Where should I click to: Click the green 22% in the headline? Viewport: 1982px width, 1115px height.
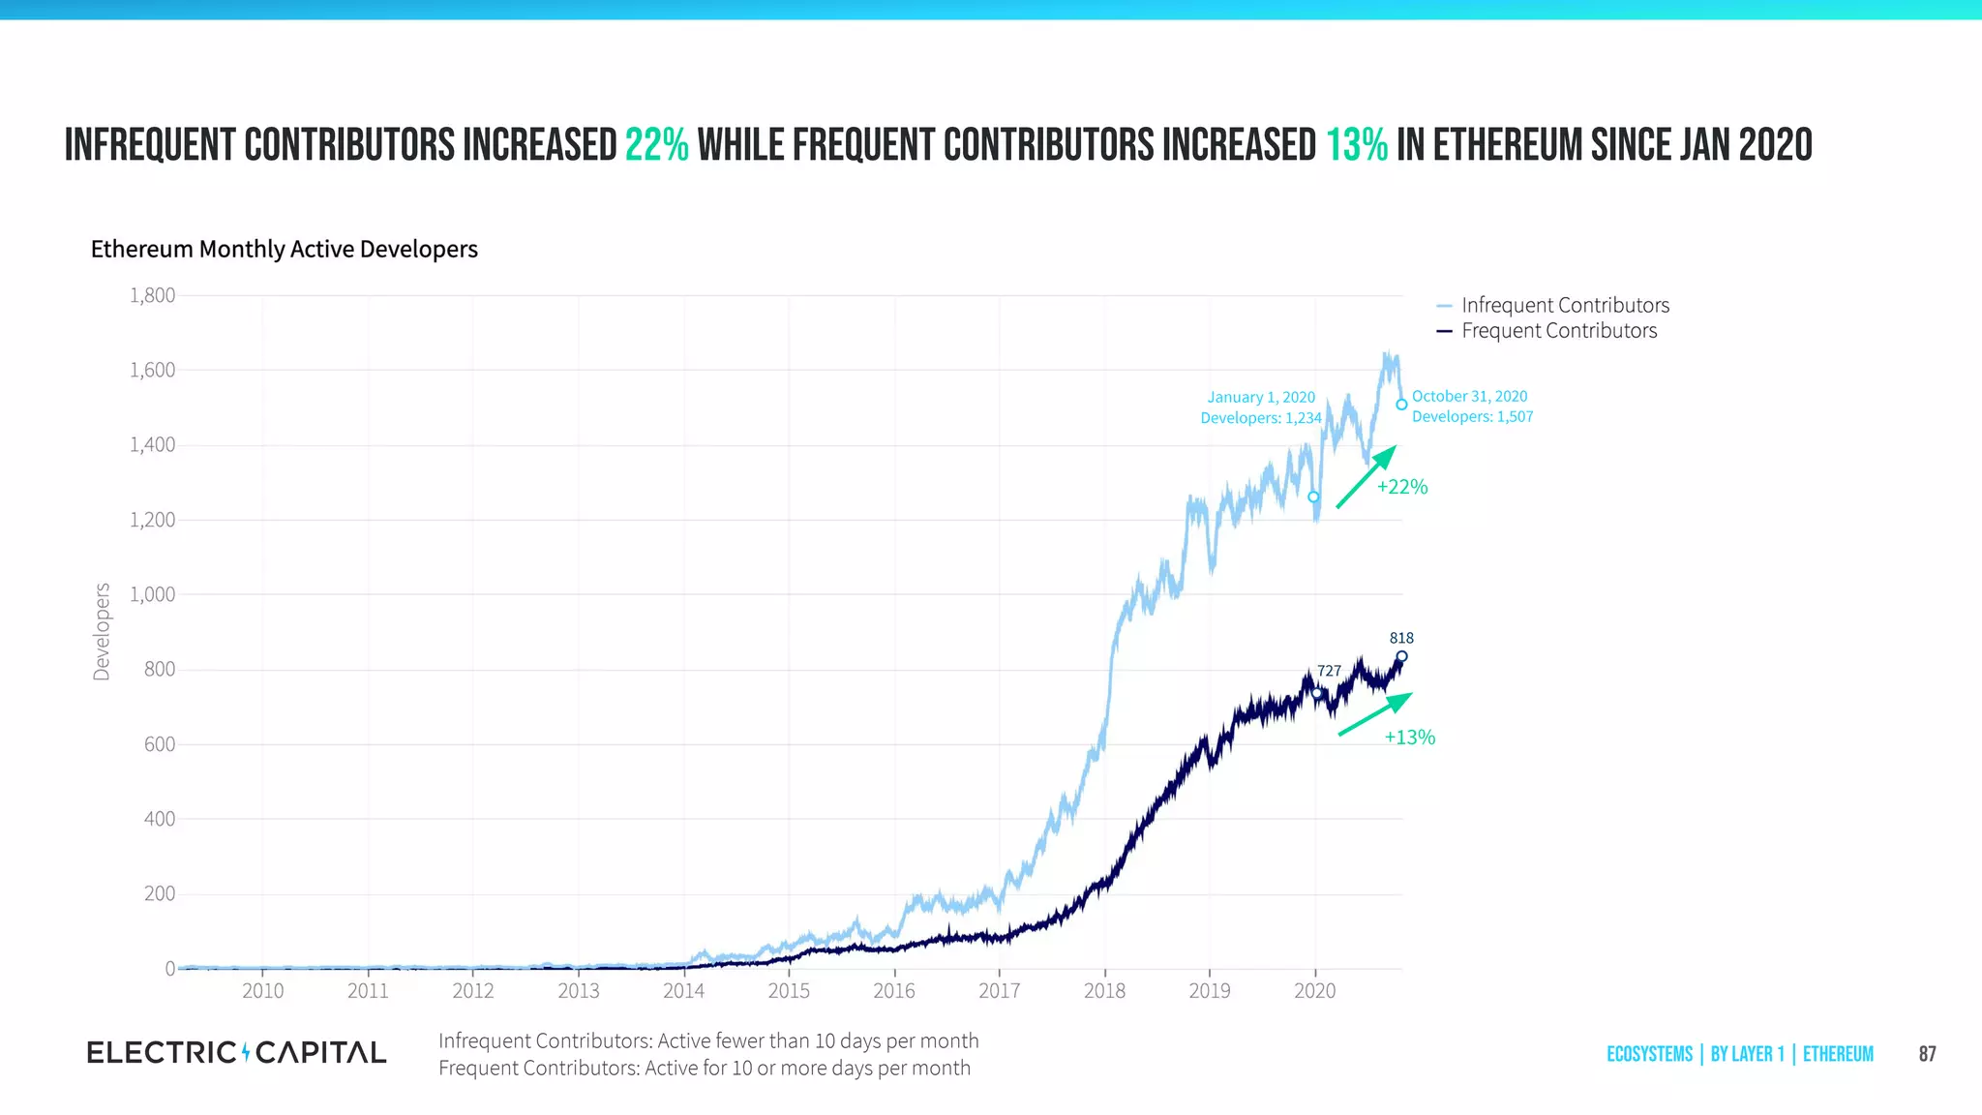[656, 145]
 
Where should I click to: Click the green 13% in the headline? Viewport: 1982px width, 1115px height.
[1356, 145]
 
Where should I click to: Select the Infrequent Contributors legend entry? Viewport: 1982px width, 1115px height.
[1564, 305]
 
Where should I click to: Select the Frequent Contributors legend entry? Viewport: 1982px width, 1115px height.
[1558, 331]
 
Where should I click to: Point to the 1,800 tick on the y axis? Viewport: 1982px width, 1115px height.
[153, 295]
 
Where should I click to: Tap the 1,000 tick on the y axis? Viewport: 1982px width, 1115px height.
[153, 594]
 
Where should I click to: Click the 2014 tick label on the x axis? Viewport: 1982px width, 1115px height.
[683, 991]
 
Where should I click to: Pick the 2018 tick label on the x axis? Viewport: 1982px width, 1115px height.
[1104, 991]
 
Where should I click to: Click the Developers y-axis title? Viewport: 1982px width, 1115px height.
[102, 631]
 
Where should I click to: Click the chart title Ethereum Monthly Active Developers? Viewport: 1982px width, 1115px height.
[284, 250]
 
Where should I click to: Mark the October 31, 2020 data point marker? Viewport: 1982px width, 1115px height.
[1401, 405]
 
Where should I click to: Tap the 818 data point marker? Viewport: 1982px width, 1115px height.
[1401, 656]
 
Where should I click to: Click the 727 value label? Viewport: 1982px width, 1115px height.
[1329, 671]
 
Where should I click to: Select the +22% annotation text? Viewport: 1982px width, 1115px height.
[1401, 487]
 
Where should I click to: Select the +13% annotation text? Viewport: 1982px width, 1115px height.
[1409, 738]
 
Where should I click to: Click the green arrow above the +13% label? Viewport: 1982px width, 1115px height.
[1375, 714]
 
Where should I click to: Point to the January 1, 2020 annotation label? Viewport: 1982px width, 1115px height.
[1261, 407]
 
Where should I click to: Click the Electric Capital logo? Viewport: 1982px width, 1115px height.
[236, 1052]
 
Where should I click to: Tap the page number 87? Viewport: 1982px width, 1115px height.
[1927, 1054]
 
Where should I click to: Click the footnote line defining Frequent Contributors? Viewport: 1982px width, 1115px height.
[704, 1069]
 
